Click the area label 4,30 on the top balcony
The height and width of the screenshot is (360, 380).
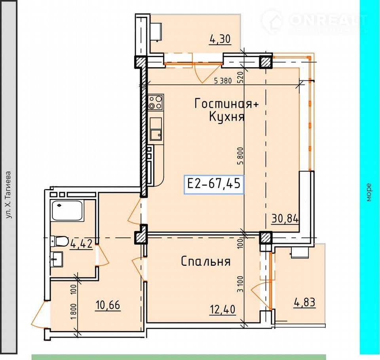click(220, 40)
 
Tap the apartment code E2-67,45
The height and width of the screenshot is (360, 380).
click(214, 184)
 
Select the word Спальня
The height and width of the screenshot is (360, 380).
click(206, 261)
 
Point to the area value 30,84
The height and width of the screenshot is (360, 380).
click(285, 219)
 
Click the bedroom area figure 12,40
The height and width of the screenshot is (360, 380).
click(222, 310)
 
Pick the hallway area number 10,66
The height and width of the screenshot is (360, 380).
click(108, 305)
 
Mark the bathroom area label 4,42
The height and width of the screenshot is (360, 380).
click(81, 244)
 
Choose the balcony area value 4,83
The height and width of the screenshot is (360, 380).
click(305, 302)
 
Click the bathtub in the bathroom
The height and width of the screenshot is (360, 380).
click(67, 210)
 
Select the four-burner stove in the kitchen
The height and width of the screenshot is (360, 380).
click(156, 102)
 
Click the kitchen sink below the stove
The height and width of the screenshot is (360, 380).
click(156, 129)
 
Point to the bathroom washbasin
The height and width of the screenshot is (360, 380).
click(57, 259)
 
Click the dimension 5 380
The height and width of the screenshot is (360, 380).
click(223, 81)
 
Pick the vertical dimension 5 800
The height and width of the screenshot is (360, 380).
click(240, 156)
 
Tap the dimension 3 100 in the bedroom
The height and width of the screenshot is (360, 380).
click(240, 284)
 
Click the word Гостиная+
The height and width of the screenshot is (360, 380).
click(226, 104)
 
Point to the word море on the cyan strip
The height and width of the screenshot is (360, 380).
click(369, 192)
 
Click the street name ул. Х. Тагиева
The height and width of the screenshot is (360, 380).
click(8, 195)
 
